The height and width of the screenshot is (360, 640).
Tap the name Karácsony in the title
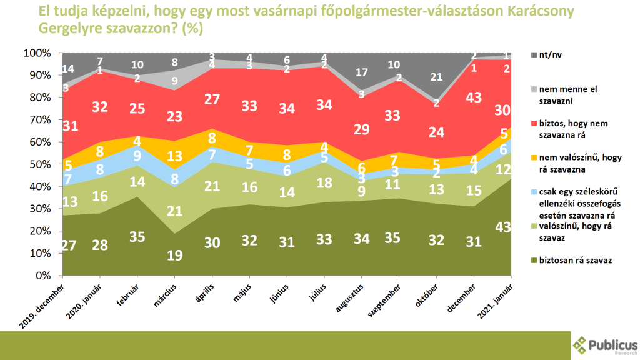(535, 13)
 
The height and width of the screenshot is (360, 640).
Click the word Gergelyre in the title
(68, 29)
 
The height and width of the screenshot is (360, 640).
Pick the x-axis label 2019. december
(43, 304)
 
